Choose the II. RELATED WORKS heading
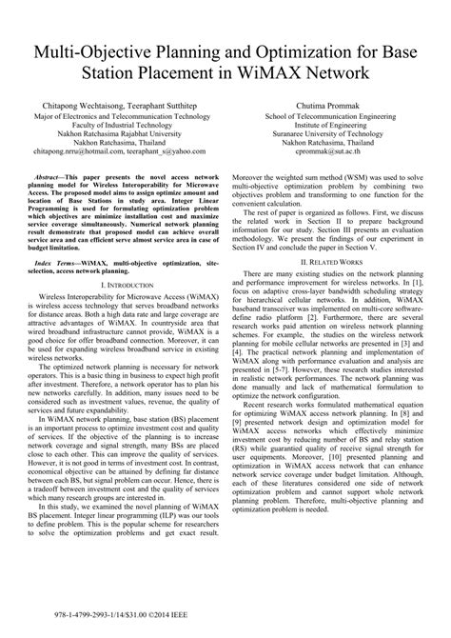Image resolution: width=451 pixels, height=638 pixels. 342,260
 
